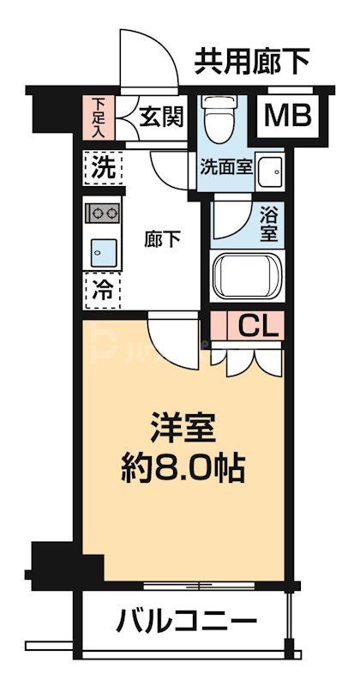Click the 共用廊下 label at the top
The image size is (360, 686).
pos(251,61)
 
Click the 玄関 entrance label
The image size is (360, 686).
pos(160,116)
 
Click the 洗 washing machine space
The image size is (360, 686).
pos(102,168)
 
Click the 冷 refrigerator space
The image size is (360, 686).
pos(102,290)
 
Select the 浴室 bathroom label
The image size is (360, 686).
pos(267,221)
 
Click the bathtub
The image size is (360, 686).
pos(247,277)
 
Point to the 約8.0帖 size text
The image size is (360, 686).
pos(182,467)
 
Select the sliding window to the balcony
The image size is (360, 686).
pos(201,586)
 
